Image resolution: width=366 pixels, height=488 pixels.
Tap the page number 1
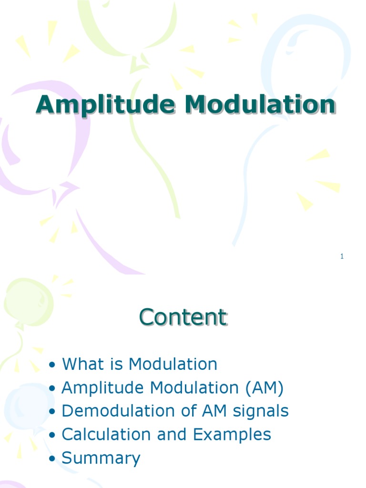tap(342, 257)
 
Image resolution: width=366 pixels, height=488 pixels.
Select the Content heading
tap(183, 317)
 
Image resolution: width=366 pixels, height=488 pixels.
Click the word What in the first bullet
tap(81, 364)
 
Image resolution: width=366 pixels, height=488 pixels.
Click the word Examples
tap(232, 434)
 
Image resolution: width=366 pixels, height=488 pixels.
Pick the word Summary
tap(101, 458)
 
